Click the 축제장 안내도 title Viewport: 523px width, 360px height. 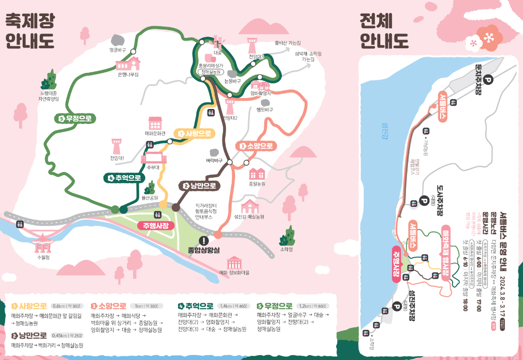click(30, 31)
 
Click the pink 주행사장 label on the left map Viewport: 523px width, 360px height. click(156, 225)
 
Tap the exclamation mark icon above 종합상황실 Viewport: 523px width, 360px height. click(203, 241)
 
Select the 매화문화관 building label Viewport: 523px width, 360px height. click(155, 134)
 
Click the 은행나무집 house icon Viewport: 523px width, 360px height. click(128, 64)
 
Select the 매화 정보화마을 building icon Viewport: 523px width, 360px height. click(234, 263)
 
